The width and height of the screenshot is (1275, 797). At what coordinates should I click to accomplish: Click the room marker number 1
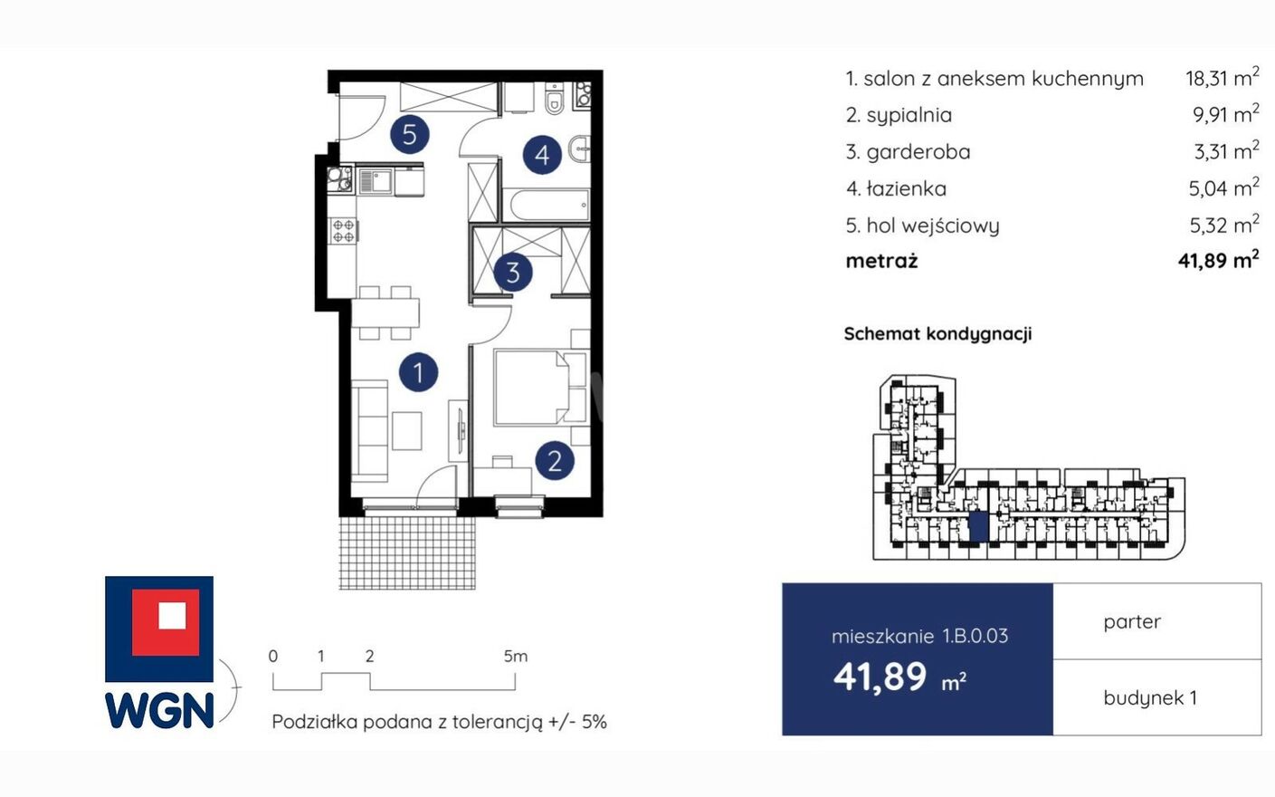418,372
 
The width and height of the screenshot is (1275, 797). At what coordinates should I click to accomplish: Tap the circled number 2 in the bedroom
555,460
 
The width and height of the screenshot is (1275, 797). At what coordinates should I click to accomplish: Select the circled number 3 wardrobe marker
513,273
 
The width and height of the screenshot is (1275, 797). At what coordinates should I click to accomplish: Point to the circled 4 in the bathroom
542,154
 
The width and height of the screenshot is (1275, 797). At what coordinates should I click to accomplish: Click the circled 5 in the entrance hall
409,134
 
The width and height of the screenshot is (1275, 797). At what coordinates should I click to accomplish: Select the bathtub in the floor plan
548,205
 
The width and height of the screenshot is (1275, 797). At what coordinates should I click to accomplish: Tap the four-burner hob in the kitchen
344,231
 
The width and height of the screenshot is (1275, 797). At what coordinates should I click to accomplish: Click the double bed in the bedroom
540,388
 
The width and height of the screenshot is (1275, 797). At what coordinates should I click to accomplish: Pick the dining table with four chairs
385,312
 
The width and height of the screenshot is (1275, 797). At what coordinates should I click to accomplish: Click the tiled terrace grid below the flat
407,552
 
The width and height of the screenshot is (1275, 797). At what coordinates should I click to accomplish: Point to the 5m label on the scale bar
515,657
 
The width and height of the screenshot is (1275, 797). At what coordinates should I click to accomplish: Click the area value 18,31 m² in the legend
1223,78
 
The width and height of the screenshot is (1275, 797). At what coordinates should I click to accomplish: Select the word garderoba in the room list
918,152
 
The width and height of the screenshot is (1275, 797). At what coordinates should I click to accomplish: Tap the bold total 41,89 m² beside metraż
1218,260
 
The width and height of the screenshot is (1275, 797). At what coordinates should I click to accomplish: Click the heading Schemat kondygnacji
937,334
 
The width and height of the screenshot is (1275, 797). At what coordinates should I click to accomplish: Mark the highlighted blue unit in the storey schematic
978,527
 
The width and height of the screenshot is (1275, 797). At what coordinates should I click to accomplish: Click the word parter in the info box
1131,622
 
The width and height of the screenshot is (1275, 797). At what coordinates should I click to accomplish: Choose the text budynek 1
1150,698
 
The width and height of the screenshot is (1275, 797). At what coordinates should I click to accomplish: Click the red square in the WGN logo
166,622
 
